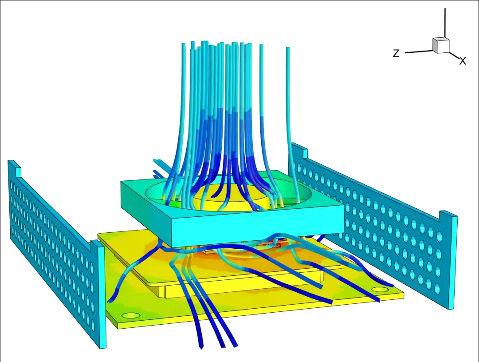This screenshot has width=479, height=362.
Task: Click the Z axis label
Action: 396,53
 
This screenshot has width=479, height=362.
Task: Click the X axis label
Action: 463,61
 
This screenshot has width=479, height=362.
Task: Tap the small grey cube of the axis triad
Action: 441,45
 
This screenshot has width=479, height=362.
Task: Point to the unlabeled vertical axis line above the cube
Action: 445,23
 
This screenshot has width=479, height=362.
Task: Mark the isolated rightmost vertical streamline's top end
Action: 288,48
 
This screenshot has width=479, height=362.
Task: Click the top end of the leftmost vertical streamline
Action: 184,45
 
